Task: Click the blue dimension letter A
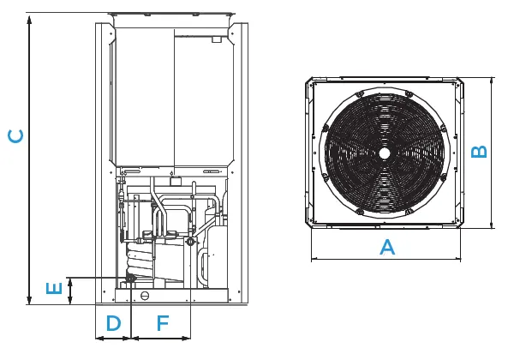[387, 247]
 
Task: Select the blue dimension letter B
[479, 152]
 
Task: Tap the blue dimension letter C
[15, 136]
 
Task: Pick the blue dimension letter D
[113, 323]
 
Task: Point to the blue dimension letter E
[54, 288]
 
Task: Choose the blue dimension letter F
[163, 323]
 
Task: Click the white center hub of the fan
[385, 153]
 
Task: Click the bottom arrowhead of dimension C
[29, 298]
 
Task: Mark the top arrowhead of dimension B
[492, 81]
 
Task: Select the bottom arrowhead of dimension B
[492, 225]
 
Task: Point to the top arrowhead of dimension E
[70, 282]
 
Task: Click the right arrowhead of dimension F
[186, 338]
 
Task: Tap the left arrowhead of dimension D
[99, 338]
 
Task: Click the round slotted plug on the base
[145, 296]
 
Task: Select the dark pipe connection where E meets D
[130, 278]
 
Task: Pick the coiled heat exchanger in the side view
[140, 260]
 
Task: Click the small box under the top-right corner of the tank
[217, 39]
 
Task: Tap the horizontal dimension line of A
[385, 259]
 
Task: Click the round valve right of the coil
[190, 243]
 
